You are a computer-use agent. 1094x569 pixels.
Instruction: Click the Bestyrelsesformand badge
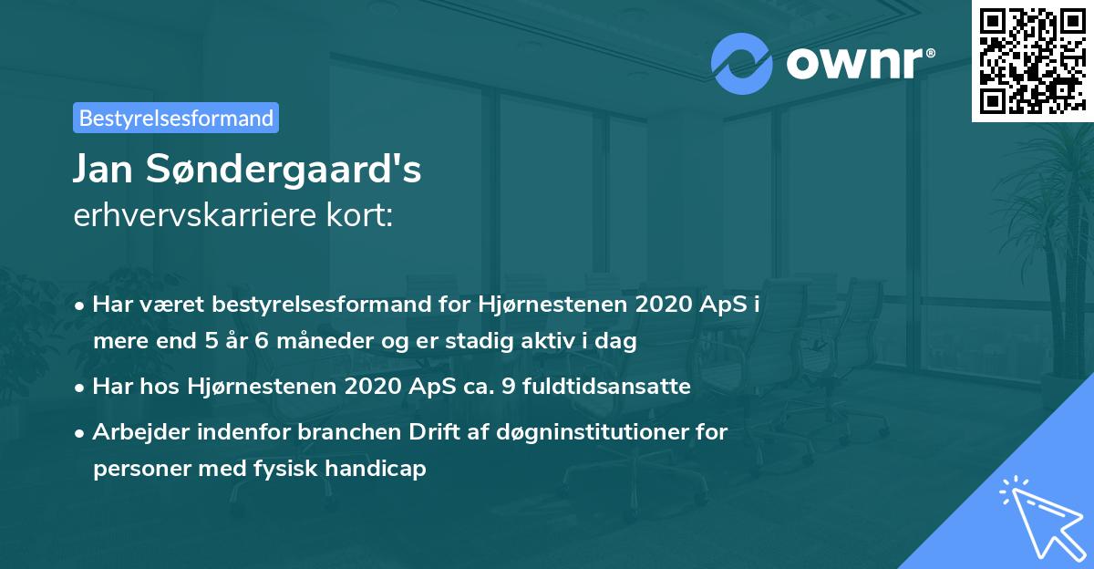176,118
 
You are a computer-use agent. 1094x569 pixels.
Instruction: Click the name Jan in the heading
106,170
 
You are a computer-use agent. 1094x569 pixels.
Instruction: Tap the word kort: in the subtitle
360,216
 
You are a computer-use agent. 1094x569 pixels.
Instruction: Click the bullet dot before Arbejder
81,432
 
